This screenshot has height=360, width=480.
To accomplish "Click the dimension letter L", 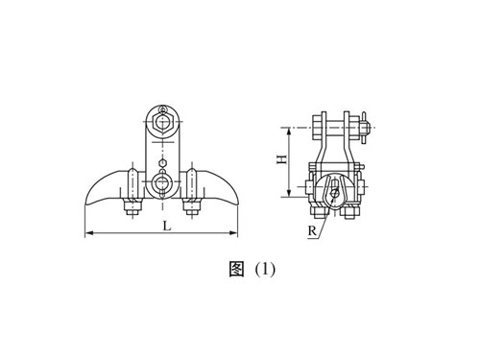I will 167,227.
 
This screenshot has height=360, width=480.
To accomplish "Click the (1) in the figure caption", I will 262,269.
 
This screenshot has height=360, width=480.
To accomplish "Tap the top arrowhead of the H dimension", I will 285,128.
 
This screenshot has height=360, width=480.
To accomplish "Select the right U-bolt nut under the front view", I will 193,204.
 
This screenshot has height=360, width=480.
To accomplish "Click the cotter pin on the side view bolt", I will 371,124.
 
